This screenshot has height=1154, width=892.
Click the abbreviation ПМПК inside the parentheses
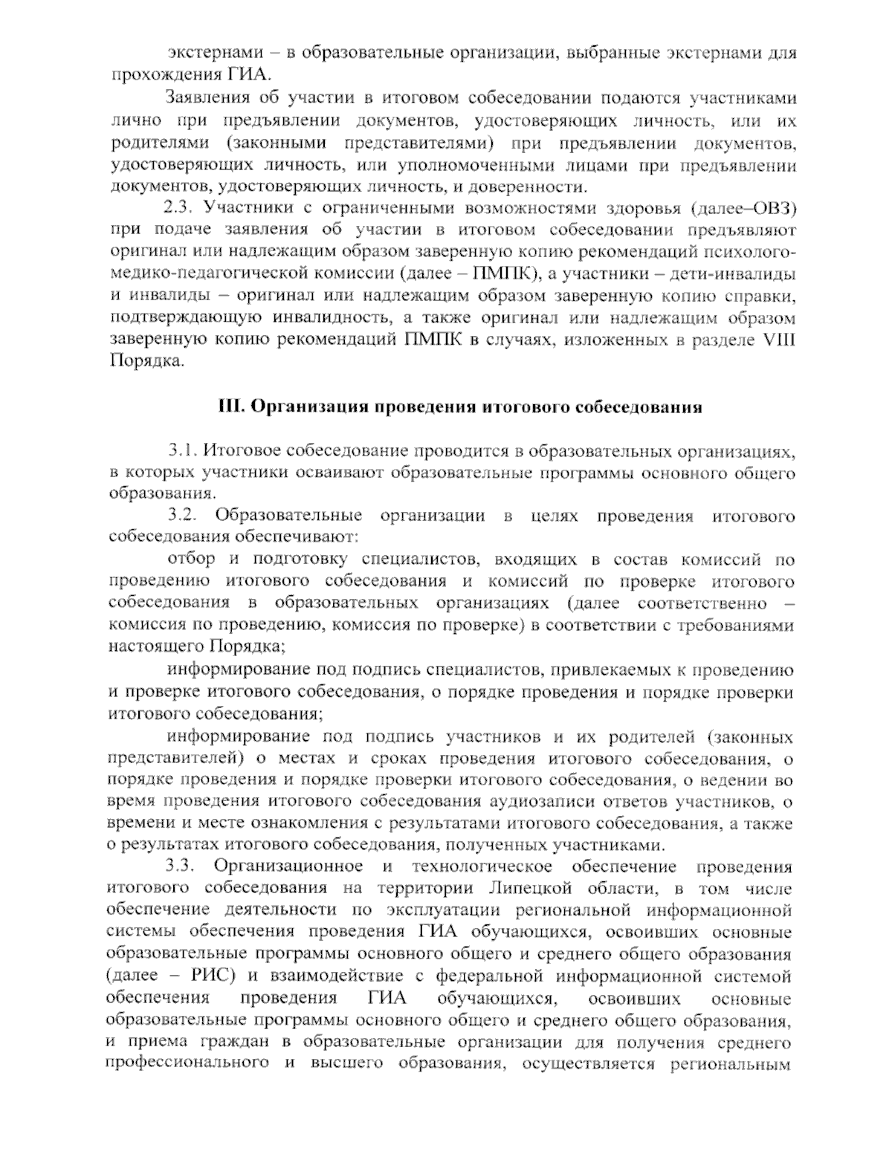tap(500, 273)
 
